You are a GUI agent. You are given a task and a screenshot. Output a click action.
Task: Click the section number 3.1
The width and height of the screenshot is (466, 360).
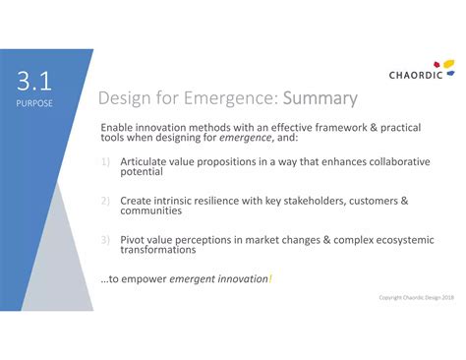point(34,81)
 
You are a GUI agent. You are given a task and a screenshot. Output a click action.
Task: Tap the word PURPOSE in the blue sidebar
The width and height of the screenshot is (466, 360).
point(34,102)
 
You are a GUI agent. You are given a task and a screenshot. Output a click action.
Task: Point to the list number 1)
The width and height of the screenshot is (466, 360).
point(106,162)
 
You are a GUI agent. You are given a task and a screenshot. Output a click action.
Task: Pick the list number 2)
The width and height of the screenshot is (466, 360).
point(106,201)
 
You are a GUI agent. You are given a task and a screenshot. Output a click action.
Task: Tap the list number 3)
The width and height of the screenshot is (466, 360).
point(106,239)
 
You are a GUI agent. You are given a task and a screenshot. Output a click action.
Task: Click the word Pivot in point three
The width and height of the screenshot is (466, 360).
point(136,239)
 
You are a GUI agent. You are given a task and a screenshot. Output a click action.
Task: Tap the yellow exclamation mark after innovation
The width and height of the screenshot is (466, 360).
point(270,279)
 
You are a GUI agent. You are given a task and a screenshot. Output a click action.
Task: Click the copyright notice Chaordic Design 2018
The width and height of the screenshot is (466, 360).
point(416,298)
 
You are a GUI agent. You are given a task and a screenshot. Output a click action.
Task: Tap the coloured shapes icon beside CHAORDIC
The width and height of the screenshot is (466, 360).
point(449,66)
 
